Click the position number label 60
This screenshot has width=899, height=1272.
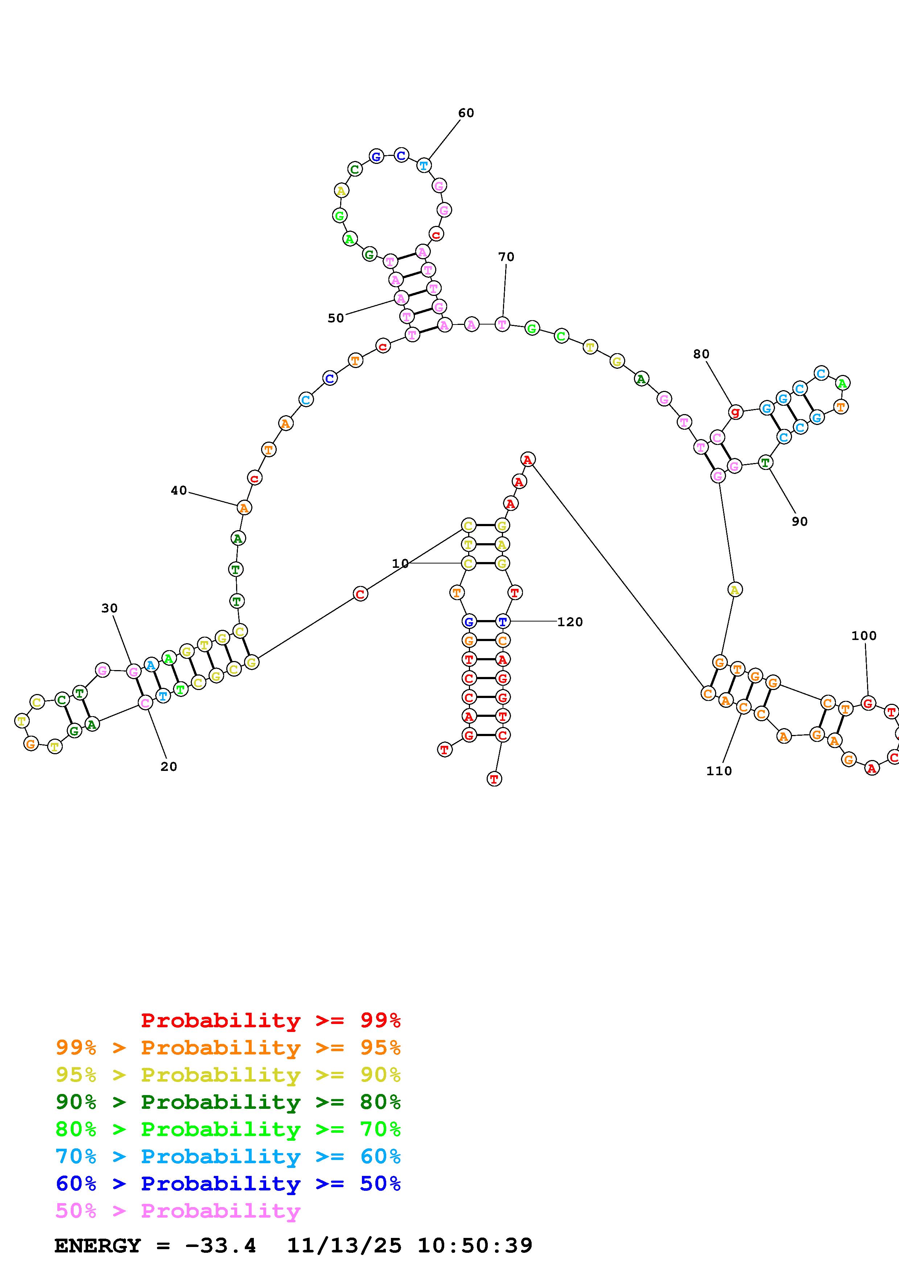[x=466, y=113]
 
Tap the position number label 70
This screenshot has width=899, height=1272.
[x=506, y=257]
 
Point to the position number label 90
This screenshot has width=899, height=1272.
[x=799, y=522]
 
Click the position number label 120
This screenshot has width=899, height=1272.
[x=570, y=622]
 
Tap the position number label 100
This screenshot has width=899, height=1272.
[x=863, y=636]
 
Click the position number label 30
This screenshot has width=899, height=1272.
[x=109, y=608]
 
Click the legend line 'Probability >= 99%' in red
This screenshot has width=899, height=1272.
[x=271, y=1020]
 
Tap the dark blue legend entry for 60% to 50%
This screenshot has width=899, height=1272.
[x=228, y=1184]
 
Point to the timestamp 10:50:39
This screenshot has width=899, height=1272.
[x=475, y=1246]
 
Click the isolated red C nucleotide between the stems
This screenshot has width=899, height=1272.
[x=360, y=594]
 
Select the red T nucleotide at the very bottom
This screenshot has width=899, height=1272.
[x=494, y=779]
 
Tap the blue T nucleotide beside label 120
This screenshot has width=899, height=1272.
[x=502, y=621]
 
